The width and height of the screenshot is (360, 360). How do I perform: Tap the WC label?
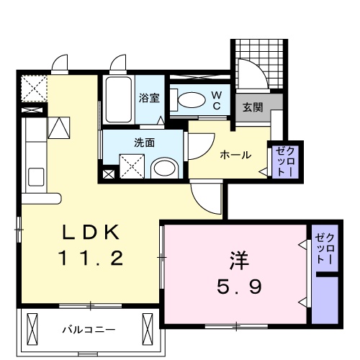coord(215,100)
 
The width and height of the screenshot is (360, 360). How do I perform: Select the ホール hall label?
coord(235,154)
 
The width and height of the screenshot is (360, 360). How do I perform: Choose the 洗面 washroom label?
coord(144,142)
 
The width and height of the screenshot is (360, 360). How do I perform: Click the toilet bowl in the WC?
coord(190,101)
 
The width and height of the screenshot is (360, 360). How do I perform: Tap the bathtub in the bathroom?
coord(117,100)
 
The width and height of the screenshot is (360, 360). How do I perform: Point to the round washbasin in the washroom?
coord(165,169)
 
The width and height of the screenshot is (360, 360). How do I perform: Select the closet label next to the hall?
coord(280,162)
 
